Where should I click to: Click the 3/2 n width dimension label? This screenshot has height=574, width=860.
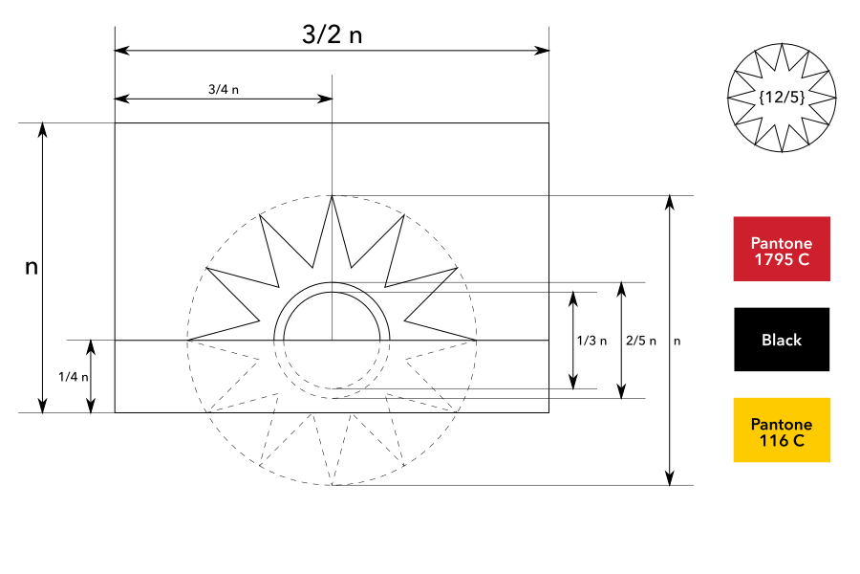pyautogui.click(x=332, y=35)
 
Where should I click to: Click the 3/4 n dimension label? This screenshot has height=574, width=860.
pyautogui.click(x=223, y=89)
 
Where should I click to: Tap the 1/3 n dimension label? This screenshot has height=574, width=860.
pyautogui.click(x=591, y=341)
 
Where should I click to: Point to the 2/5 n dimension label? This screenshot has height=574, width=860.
pyautogui.click(x=640, y=341)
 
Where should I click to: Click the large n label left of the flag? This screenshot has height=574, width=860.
pyautogui.click(x=32, y=267)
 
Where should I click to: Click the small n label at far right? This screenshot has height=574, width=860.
pyautogui.click(x=678, y=341)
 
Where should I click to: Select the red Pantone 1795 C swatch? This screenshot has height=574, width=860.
pyautogui.click(x=781, y=249)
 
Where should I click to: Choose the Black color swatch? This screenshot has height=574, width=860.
pyautogui.click(x=781, y=340)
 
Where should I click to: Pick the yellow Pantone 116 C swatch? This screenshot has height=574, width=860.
pyautogui.click(x=781, y=430)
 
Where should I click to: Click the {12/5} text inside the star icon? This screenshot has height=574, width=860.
pyautogui.click(x=782, y=98)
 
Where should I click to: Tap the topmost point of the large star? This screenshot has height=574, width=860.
pyautogui.click(x=332, y=196)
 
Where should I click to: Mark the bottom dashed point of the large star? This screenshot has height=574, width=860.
pyautogui.click(x=332, y=485)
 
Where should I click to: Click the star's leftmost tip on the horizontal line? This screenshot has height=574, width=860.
pyautogui.click(x=187, y=340)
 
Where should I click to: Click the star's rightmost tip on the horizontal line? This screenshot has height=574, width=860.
pyautogui.click(x=477, y=340)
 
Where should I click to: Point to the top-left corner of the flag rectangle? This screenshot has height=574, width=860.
pyautogui.click(x=115, y=123)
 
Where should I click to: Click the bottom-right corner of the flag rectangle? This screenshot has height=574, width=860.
pyautogui.click(x=548, y=412)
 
